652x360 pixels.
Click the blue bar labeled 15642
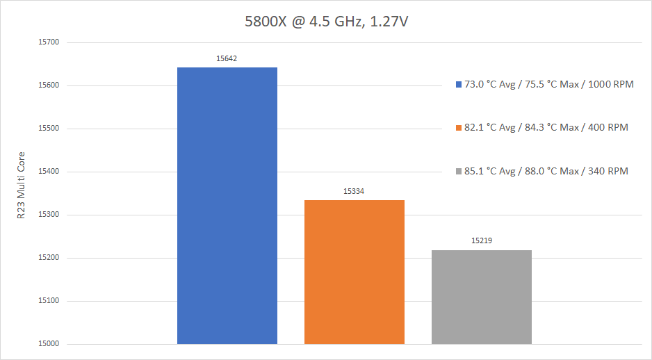coord(227,206)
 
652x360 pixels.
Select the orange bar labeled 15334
coord(354,272)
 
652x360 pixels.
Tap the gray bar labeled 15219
coord(481,297)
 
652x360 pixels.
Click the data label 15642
coord(227,58)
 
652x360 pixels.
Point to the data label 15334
coord(354,191)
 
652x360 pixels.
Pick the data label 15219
coord(481,241)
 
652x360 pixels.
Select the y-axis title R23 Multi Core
coord(21,185)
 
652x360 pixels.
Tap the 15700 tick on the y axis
coord(49,42)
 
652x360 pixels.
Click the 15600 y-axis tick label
coord(49,85)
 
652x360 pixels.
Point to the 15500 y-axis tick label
coord(49,129)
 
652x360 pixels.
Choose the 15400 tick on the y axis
coord(49,172)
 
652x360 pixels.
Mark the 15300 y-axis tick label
coord(49,215)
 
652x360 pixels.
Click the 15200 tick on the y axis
coord(49,258)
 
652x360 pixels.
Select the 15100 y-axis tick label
coord(49,301)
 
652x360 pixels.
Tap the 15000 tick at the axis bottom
coord(49,344)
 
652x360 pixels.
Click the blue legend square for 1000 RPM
coord(458,84)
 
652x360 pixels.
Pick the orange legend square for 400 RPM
coord(458,128)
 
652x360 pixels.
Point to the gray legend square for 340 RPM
coord(458,171)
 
